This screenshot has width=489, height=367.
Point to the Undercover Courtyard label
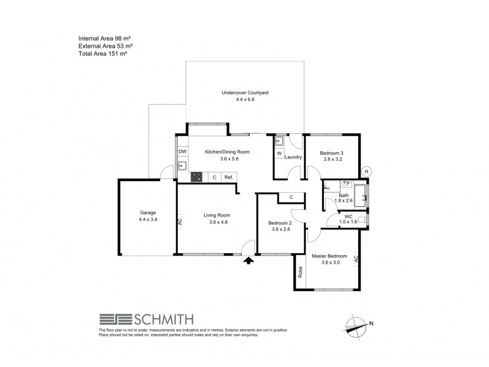click(244, 93)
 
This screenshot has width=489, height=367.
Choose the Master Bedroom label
click(329, 256)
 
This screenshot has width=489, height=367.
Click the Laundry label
click(293, 157)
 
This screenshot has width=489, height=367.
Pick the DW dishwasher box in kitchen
click(182, 152)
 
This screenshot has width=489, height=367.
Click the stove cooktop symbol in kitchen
click(197, 177)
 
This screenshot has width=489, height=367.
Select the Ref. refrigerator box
click(229, 177)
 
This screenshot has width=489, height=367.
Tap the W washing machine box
click(279, 154)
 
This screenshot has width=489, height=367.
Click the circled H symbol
click(367, 171)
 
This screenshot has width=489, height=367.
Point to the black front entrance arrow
click(248, 261)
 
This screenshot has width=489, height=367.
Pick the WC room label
click(348, 216)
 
